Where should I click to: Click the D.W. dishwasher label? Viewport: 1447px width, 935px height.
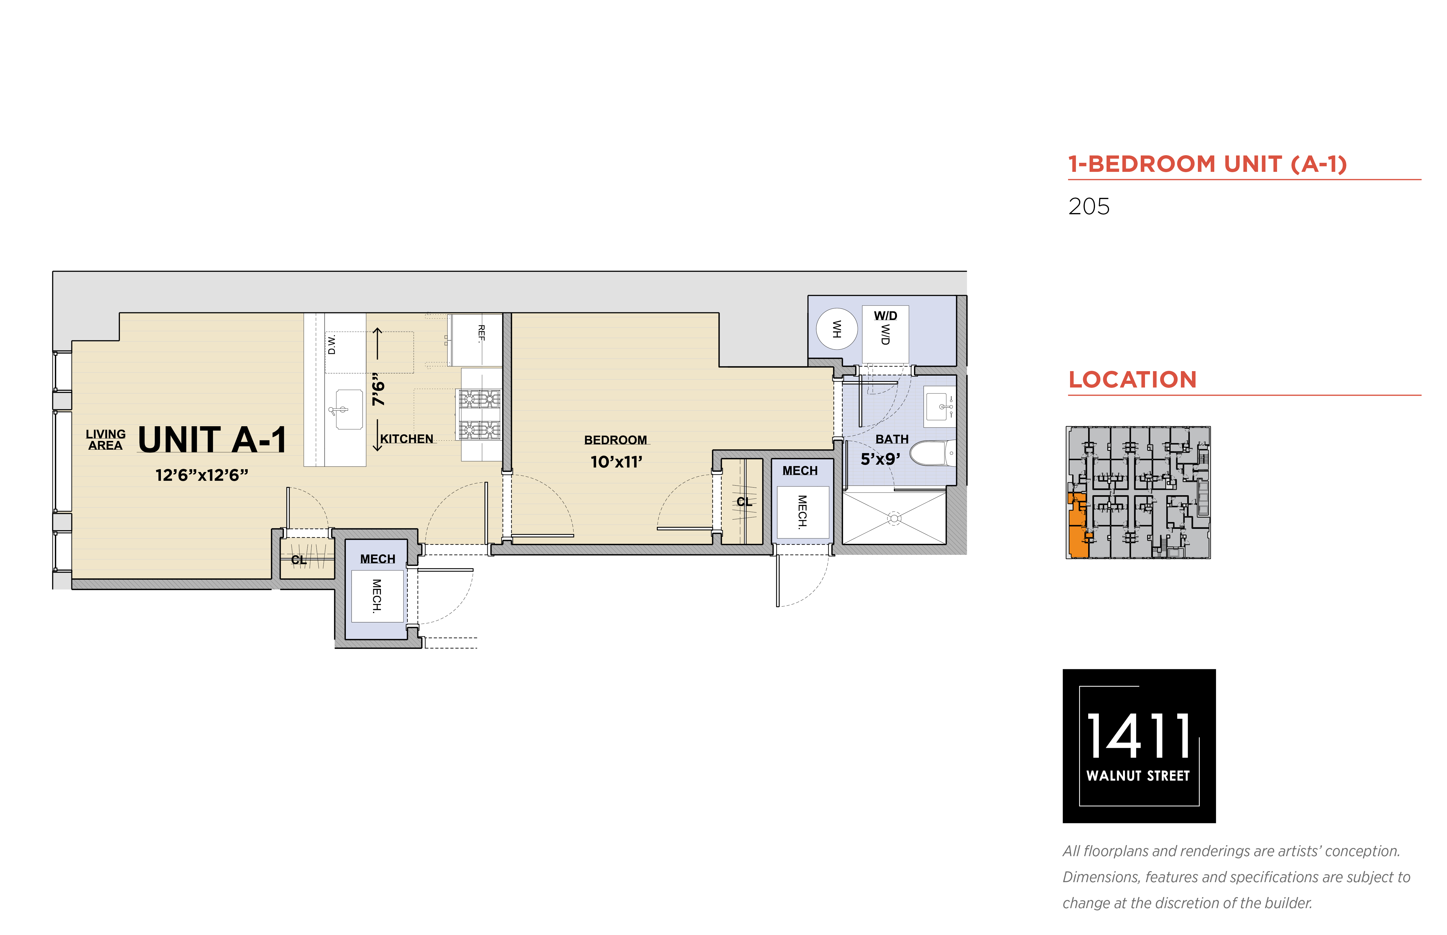click(332, 344)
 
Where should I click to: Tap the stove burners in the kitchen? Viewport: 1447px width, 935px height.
click(479, 415)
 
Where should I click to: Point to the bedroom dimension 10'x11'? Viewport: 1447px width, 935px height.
click(616, 462)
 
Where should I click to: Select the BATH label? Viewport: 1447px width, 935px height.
click(892, 439)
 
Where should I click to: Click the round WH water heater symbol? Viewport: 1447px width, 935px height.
click(836, 329)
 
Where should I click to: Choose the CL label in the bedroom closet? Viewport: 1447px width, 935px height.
click(744, 501)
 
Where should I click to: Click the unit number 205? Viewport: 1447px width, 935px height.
click(1089, 206)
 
